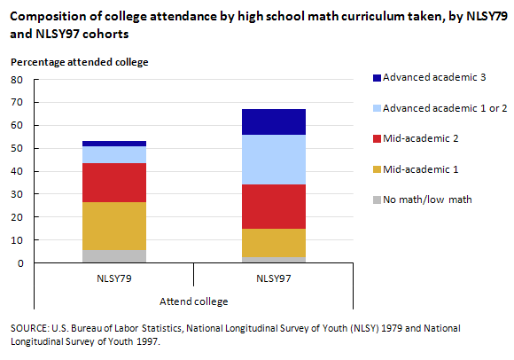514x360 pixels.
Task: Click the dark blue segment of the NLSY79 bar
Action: (x=114, y=144)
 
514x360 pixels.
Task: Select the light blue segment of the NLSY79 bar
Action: (x=114, y=155)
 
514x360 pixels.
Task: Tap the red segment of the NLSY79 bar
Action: (x=114, y=183)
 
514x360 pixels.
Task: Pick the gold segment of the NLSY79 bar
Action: (x=114, y=226)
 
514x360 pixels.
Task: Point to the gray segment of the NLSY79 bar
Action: (x=114, y=256)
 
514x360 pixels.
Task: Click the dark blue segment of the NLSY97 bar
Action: (x=274, y=122)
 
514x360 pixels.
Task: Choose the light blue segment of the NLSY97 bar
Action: (x=274, y=160)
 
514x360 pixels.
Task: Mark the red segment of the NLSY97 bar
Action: (x=274, y=207)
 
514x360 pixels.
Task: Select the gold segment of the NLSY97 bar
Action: (x=274, y=243)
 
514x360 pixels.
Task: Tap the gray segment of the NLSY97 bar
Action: (x=274, y=260)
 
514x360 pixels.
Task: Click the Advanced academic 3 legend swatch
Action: (x=377, y=78)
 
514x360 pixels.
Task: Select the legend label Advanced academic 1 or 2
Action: (x=445, y=108)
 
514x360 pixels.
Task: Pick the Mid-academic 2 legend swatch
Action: (x=377, y=138)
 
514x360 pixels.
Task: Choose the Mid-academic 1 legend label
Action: (x=421, y=169)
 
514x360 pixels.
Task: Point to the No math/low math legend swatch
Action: (x=377, y=200)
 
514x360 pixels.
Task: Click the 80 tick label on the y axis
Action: (x=17, y=80)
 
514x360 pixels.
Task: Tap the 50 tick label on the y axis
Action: (x=17, y=148)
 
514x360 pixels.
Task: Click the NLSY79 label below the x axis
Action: (x=114, y=278)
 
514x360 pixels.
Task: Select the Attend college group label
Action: (x=194, y=301)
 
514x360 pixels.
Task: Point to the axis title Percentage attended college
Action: (x=80, y=62)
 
